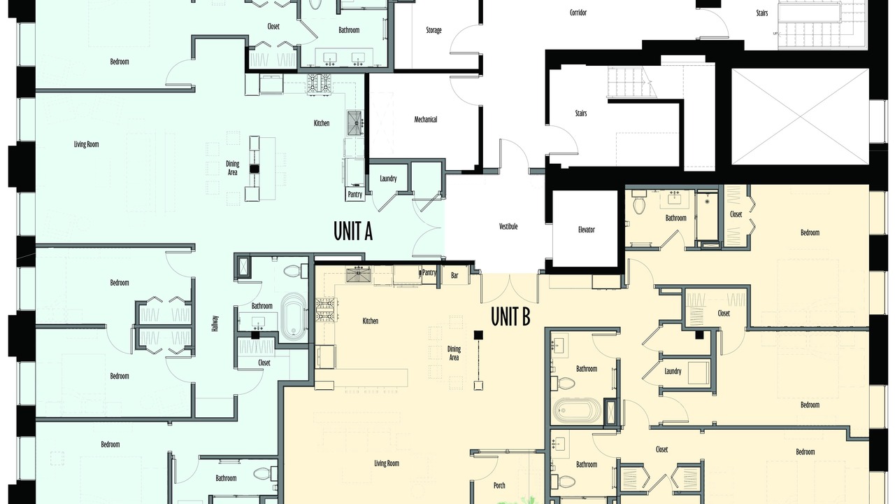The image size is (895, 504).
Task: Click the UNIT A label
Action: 353,232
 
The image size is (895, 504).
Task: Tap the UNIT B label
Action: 510,316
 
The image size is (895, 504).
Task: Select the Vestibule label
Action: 508,226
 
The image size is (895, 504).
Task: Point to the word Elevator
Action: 586,230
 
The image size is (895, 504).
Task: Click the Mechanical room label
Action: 426,119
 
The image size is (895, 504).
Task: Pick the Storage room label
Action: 434,30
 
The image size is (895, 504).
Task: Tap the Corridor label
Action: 578,13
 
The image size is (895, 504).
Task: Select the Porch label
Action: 499,485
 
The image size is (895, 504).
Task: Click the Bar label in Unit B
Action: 454,276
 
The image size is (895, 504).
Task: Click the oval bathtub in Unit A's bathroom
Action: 294,315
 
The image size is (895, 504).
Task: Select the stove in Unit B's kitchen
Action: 326,309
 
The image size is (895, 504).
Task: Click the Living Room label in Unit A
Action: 86,144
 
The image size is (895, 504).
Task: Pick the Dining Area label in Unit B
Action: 454,353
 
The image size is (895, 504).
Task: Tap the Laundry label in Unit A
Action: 388,178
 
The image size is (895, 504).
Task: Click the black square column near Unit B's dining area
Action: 478,335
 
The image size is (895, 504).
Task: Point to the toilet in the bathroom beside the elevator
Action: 639,203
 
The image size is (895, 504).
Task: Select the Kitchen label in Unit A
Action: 322,123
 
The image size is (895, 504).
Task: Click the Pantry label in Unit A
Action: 355,195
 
